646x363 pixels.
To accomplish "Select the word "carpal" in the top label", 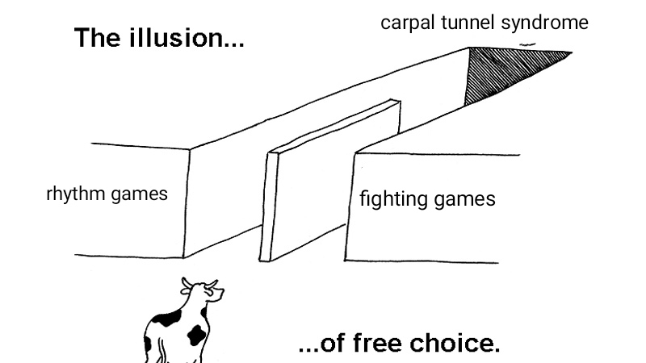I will click(x=408, y=23).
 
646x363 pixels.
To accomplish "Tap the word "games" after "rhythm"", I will click(x=139, y=194).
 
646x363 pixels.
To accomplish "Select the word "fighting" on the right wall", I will click(x=390, y=198).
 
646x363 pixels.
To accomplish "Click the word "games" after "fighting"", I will click(x=463, y=199).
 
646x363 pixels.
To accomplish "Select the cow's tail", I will click(x=147, y=343).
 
